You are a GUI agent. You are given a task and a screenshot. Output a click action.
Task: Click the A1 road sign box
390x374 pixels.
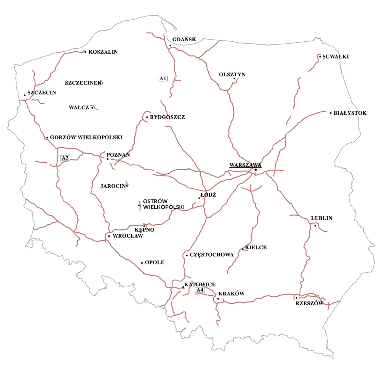point(163,78)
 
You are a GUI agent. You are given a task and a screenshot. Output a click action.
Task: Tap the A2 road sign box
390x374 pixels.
point(65,158)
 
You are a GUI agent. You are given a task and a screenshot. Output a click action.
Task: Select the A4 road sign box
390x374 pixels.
point(200,290)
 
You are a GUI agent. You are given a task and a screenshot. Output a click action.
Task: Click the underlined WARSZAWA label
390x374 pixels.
point(245,165)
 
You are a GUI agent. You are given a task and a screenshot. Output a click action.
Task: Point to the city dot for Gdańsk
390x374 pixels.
point(170,45)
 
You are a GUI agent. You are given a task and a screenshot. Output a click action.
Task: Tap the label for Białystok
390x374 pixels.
point(350,113)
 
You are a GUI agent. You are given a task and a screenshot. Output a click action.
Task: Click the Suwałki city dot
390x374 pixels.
point(320,57)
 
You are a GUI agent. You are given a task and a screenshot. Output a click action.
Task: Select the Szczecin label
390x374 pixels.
point(42,93)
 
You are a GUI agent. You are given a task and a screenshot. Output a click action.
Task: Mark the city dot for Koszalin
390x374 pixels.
point(85,52)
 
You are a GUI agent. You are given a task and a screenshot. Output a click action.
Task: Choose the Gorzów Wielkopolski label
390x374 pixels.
point(86,137)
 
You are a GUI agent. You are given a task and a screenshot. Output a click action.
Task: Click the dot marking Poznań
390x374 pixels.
point(108,159)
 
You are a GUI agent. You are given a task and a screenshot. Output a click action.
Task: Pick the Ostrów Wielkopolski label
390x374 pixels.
point(164,204)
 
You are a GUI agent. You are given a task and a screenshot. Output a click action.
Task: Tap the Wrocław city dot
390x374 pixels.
point(109,236)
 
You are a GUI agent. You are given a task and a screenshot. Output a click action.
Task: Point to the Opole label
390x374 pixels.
point(155,263)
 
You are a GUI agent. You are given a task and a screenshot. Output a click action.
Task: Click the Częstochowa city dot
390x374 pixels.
point(187,255)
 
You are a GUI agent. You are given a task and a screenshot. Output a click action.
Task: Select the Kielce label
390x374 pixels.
point(256,248)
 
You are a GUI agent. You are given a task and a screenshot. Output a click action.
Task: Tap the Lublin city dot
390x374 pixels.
point(315,226)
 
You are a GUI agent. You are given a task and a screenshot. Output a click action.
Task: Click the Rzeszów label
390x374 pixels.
point(309,303)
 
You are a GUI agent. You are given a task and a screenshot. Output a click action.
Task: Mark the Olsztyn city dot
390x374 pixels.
point(234,79)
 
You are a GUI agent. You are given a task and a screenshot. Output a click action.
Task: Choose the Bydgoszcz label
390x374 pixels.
point(167,117)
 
